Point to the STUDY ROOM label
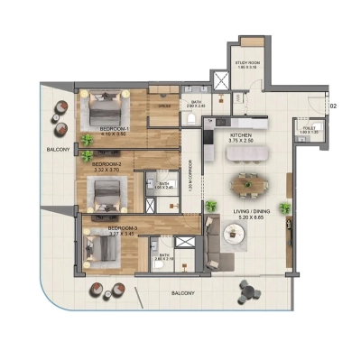[248, 61]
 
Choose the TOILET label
[308, 128]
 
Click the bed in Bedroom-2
[106, 191]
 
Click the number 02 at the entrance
[333, 106]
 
